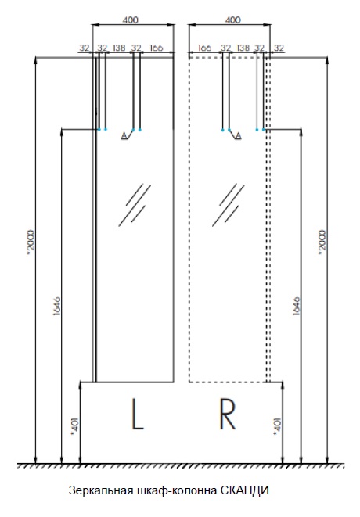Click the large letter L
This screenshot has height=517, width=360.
(x=138, y=414)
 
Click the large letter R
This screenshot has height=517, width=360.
(x=228, y=414)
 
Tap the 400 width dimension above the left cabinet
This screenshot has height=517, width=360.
(x=131, y=20)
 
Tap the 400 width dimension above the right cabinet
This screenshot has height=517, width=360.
(x=232, y=20)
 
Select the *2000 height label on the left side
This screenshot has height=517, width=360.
(x=31, y=242)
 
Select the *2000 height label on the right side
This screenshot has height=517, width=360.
(x=322, y=242)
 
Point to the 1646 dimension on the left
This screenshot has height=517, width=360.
(x=57, y=307)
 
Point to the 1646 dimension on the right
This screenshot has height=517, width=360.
(x=297, y=307)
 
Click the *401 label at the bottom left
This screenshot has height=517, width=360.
(x=75, y=427)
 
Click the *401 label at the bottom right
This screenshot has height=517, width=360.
(x=278, y=427)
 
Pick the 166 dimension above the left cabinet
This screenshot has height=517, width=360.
(x=156, y=48)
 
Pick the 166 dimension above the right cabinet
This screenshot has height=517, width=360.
(x=204, y=48)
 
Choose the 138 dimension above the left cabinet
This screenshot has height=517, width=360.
(x=119, y=48)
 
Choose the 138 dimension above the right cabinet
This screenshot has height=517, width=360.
(x=243, y=48)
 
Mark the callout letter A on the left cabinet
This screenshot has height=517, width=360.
(x=124, y=135)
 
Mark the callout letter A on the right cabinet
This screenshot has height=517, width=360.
(x=238, y=135)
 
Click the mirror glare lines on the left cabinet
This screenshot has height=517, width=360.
(x=135, y=204)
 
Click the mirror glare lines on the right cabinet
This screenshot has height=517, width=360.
(x=228, y=204)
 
